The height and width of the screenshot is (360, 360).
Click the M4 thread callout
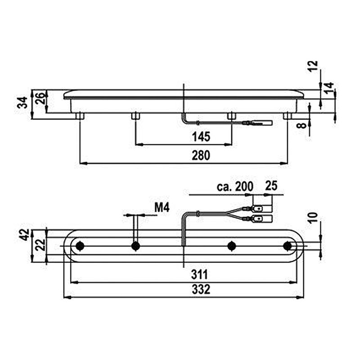(161, 207)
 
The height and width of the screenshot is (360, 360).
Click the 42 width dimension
(24, 235)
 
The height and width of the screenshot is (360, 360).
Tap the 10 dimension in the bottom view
(315, 218)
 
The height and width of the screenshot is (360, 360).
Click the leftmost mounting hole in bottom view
(80, 246)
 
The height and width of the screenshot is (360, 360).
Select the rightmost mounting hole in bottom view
(288, 246)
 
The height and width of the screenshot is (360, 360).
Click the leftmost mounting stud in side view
(80, 116)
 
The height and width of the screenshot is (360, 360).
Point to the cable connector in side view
(261, 123)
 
